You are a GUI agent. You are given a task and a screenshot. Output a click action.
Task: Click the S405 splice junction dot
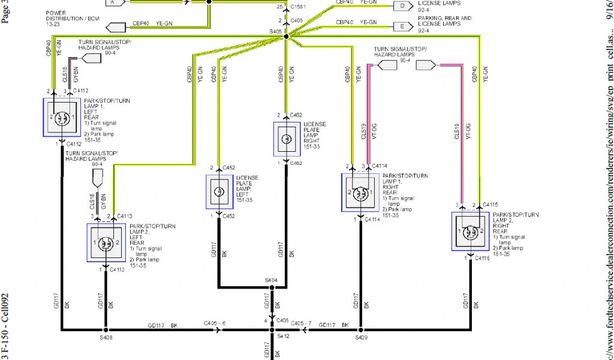click(x=286, y=37)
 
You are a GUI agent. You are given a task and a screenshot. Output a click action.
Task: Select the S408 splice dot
click(x=105, y=329)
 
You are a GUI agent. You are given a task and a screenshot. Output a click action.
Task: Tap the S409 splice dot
click(x=360, y=329)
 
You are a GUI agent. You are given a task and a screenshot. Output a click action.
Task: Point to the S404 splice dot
click(x=272, y=288)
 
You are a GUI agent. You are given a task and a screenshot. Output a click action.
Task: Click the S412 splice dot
click(x=272, y=329)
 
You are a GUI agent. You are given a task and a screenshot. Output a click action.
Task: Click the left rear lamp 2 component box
click(x=106, y=243)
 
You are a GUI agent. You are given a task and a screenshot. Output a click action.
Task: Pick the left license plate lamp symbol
click(x=220, y=192)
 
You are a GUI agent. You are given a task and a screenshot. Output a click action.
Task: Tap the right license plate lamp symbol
click(x=287, y=139)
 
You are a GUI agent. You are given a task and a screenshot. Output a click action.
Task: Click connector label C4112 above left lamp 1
click(x=81, y=91)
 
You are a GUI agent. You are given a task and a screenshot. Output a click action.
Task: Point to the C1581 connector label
click(x=297, y=7)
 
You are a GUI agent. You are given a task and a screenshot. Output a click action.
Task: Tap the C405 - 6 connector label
click(x=214, y=325)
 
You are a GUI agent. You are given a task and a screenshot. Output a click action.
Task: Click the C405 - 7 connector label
click(x=302, y=325)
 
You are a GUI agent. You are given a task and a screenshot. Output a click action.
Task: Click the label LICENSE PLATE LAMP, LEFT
click(x=247, y=185)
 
